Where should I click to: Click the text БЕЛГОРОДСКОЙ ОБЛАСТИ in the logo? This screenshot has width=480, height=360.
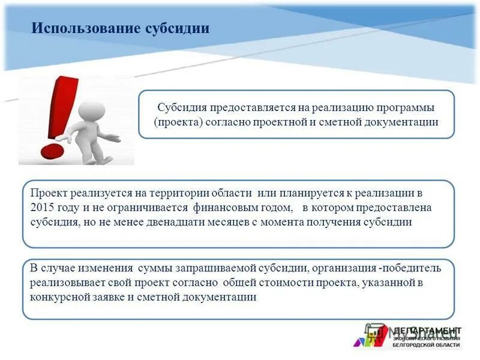click(x=426, y=345)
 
